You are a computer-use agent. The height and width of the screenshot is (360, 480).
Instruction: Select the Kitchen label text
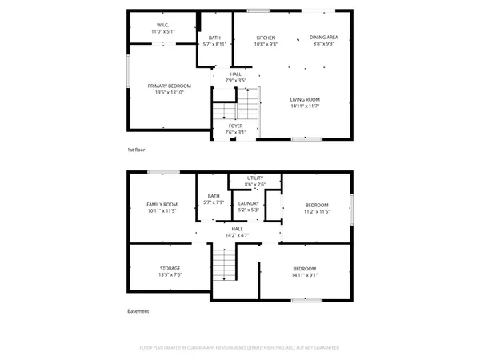coord(266,38)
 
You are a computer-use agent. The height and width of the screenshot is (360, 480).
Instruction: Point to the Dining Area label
coord(323,38)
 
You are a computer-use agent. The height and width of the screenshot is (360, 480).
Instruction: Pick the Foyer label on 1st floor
coord(235,126)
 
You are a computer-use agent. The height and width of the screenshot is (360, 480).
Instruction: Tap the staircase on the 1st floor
coord(251,104)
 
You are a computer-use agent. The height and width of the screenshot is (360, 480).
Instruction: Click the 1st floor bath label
coord(214,38)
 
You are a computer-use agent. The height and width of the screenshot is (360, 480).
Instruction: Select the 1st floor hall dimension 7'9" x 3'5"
coord(235,81)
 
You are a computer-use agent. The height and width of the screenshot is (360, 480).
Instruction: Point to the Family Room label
coord(161,205)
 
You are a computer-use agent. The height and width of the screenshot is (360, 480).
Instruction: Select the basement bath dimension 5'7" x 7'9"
coord(214,202)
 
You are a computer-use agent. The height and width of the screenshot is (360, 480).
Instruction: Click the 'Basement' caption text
coord(138,311)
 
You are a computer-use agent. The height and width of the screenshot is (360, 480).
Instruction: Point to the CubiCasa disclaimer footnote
coord(239,348)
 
